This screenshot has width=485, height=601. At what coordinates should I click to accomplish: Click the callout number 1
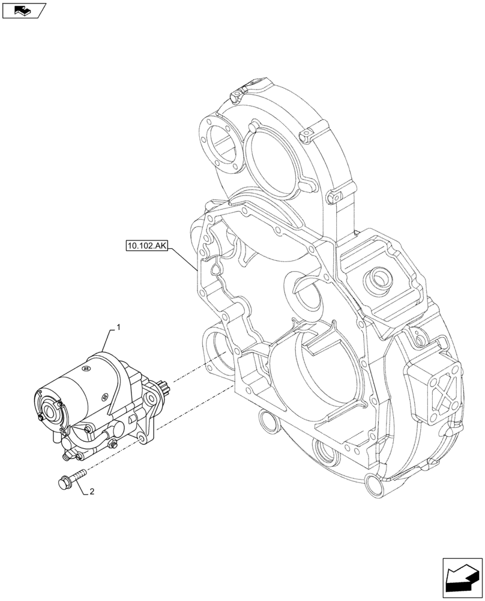coord(118,328)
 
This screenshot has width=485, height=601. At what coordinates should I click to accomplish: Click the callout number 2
coord(91,492)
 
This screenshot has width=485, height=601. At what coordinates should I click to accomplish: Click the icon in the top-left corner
coord(23,10)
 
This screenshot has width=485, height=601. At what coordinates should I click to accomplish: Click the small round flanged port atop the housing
coord(379,278)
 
